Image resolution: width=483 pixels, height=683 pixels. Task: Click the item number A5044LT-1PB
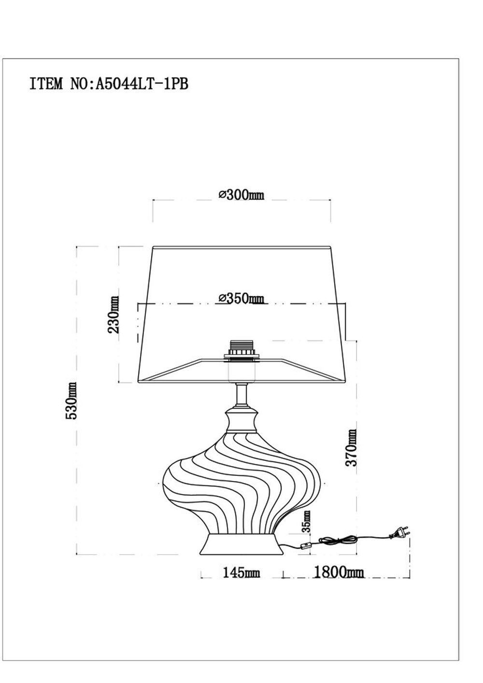[142, 84]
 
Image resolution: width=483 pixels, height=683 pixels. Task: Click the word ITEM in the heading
[46, 84]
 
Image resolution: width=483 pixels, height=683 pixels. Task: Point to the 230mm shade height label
[114, 314]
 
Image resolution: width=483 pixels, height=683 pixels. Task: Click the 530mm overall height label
[71, 400]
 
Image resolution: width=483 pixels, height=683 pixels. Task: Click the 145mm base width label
[241, 573]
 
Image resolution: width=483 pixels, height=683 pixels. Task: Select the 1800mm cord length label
[339, 573]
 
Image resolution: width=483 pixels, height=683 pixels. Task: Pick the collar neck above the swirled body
[241, 419]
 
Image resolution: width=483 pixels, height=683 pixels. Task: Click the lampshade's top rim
[241, 247]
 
